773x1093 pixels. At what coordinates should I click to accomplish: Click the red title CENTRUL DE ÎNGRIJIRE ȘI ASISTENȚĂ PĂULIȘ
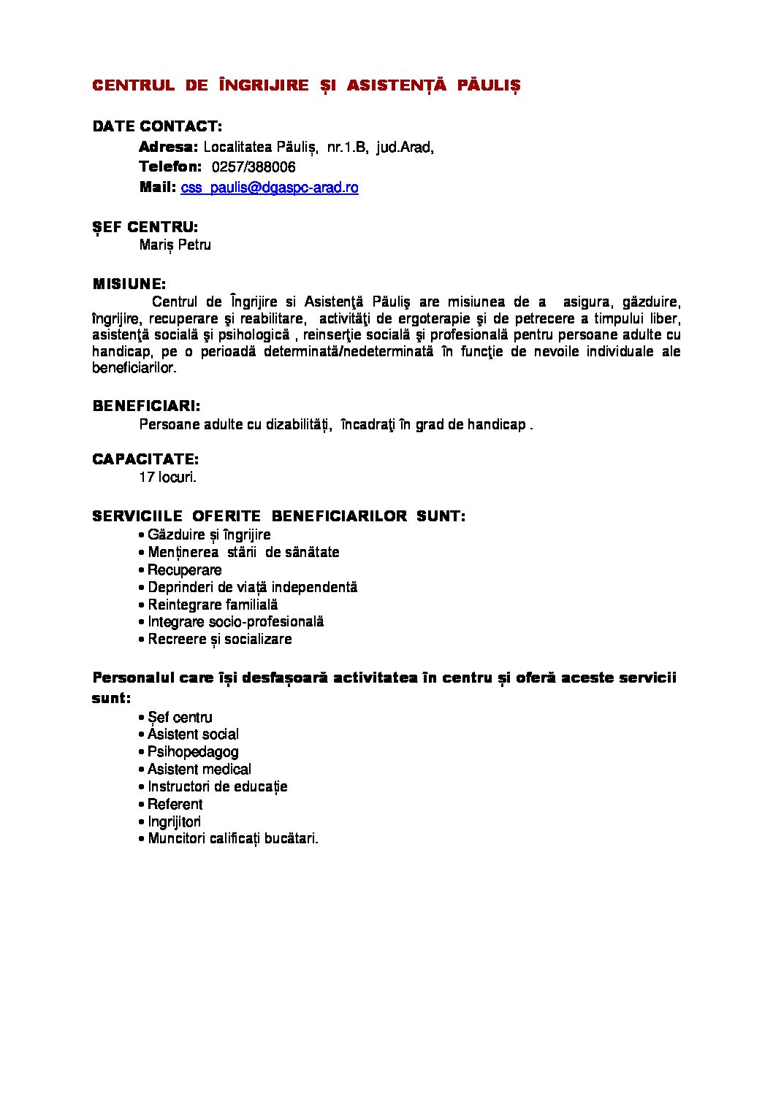pos(306,85)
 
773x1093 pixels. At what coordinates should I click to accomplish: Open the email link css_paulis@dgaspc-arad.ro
pos(270,188)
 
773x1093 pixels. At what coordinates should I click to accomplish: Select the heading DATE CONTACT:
pos(157,126)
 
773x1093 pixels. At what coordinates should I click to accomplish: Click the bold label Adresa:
pos(168,147)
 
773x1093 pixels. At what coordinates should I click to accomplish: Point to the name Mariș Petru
pos(175,245)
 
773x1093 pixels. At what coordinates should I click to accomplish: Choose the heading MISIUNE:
pos(129,284)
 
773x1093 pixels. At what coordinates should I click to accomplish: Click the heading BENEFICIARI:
pos(146,406)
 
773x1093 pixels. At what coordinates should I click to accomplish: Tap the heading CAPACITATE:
pos(145,459)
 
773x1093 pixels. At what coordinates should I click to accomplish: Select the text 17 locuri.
pos(168,478)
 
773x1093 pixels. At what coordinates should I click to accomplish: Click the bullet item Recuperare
pos(184,570)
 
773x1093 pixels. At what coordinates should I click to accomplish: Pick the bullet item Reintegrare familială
pos(213,605)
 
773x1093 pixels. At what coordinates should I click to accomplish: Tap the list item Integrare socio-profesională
pos(235,622)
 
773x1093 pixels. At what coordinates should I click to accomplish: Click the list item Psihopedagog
pos(193,752)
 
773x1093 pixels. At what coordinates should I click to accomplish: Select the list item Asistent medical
pos(199,770)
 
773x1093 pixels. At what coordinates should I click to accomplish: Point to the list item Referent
pos(175,805)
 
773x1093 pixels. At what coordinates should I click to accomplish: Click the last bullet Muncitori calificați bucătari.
pos(232,839)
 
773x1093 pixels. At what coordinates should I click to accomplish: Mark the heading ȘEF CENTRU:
pos(145,227)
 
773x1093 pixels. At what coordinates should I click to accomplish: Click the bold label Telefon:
pos(170,167)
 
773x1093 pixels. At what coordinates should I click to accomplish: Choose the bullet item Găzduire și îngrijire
pos(209,535)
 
